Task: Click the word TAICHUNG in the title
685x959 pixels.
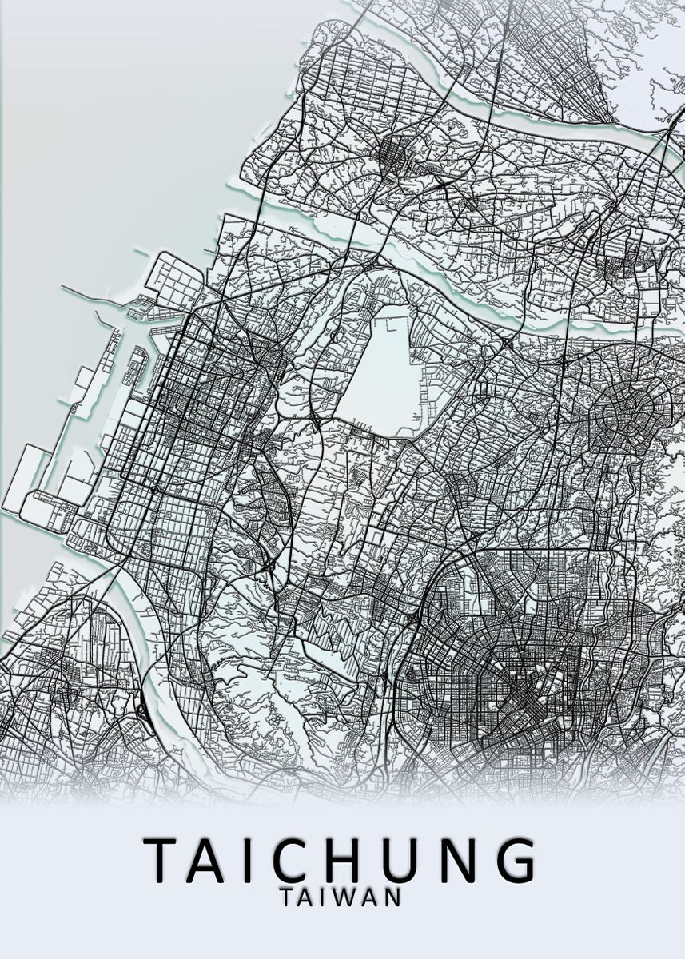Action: pyautogui.click(x=341, y=860)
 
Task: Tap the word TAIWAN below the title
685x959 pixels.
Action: pyautogui.click(x=341, y=897)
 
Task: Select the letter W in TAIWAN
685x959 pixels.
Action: pyautogui.click(x=340, y=897)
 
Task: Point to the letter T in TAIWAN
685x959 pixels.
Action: pyautogui.click(x=289, y=897)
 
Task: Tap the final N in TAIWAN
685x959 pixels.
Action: pyautogui.click(x=392, y=897)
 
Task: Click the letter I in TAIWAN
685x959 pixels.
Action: pyautogui.click(x=321, y=897)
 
